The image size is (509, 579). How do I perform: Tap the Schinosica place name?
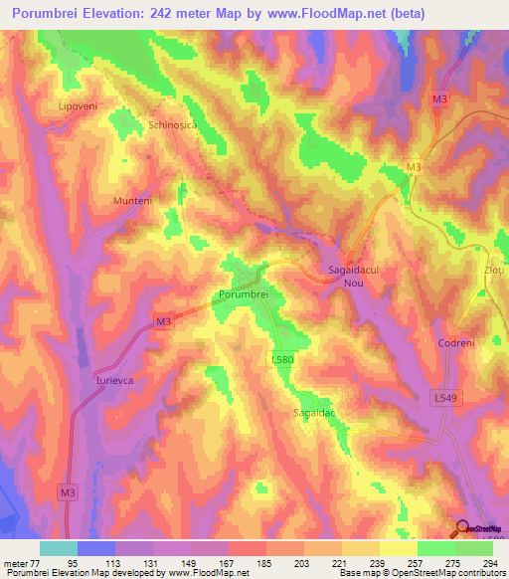(x=174, y=125)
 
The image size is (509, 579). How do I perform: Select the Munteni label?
(x=131, y=200)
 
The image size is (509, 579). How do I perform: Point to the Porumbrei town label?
(x=243, y=294)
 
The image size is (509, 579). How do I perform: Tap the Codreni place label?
(x=457, y=343)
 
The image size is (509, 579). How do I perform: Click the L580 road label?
(x=282, y=358)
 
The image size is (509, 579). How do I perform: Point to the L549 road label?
(x=446, y=398)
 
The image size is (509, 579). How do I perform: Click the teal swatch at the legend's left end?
(x=59, y=548)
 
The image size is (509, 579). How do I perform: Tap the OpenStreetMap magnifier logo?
(x=462, y=529)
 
